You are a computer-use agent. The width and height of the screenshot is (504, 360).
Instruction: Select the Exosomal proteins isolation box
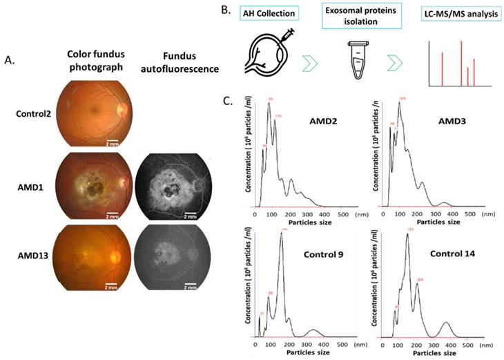coord(354,19)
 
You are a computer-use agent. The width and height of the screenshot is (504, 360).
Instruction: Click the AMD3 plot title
coord(450,122)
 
